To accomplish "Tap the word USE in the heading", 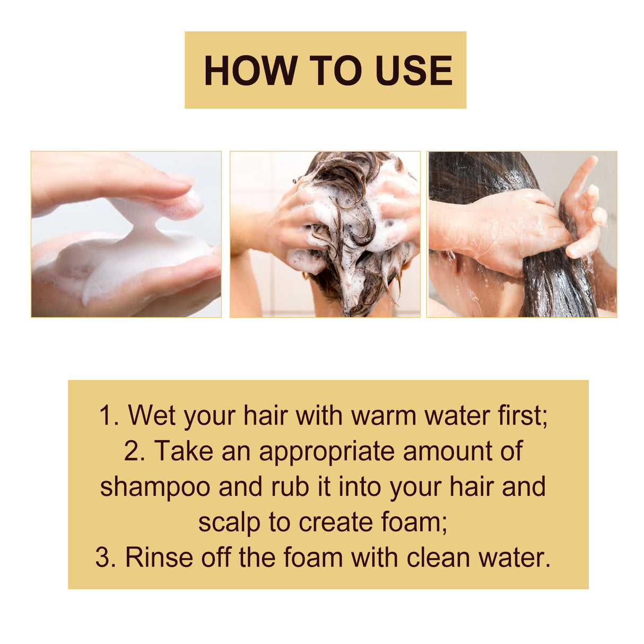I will coord(413,71).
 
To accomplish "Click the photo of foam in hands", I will coord(126,234).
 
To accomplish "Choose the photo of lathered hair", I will coord(325,234).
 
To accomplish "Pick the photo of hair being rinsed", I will coord(522,234).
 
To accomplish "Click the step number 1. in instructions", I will coord(109,415).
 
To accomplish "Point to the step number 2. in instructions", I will coord(135,451).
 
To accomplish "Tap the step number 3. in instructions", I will coord(106,558).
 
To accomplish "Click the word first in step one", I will coord(521,415).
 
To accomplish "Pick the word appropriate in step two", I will coord(327,452).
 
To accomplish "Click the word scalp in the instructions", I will coord(230,523).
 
